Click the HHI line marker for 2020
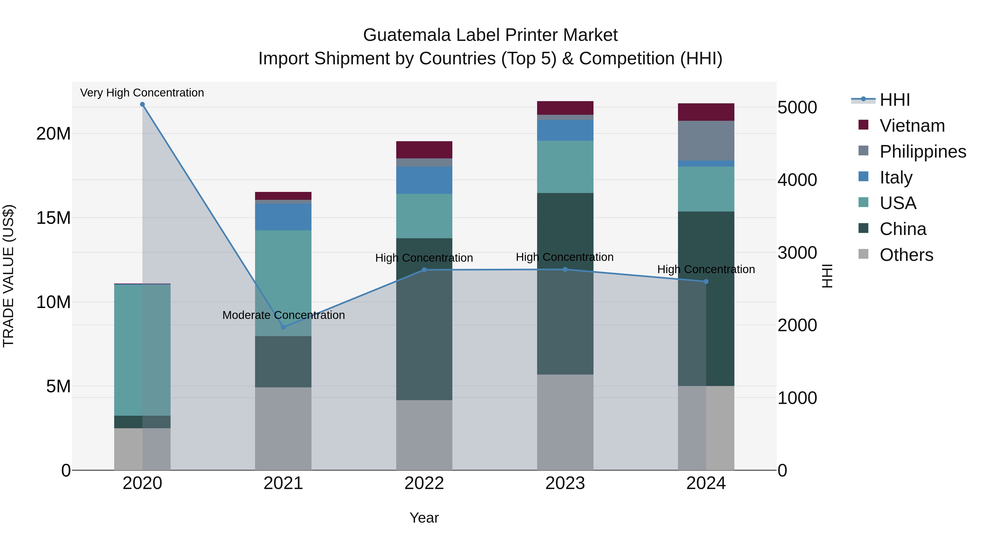pyautogui.click(x=143, y=104)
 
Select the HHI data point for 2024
pyautogui.click(x=706, y=282)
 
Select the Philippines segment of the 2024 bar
pyautogui.click(x=706, y=141)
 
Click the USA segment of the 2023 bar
pyautogui.click(x=565, y=167)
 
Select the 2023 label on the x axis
pyautogui.click(x=565, y=483)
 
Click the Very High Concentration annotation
pyautogui.click(x=142, y=93)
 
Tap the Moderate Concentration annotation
pyautogui.click(x=283, y=315)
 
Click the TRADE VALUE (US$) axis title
pyautogui.click(x=8, y=276)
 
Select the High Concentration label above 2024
pyautogui.click(x=706, y=269)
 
